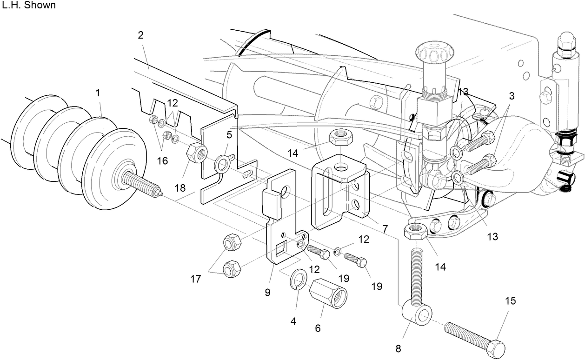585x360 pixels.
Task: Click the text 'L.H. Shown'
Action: point(29,6)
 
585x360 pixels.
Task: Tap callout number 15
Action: point(510,301)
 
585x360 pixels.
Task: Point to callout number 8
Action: point(398,348)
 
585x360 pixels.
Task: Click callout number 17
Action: point(195,279)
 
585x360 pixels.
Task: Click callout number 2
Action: point(141,35)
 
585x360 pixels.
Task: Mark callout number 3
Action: point(511,96)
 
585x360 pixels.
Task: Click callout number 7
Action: point(385,229)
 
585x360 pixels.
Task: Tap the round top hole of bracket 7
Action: point(342,167)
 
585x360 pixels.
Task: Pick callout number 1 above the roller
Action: point(98,93)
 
